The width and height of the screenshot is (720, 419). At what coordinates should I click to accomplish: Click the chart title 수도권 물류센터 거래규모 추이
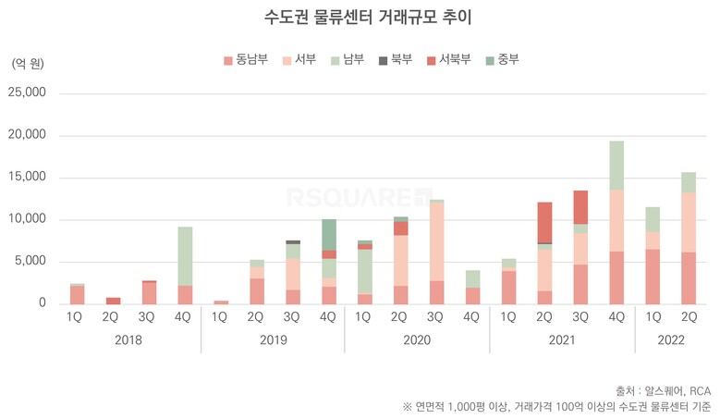tap(360, 18)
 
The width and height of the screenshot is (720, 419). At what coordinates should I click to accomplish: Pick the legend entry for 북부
tap(394, 61)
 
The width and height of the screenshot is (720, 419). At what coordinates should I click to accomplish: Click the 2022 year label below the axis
tap(670, 339)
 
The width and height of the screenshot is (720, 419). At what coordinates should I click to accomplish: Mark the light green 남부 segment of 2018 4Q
tap(185, 255)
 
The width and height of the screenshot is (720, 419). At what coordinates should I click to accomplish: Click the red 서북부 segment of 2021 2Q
tap(545, 222)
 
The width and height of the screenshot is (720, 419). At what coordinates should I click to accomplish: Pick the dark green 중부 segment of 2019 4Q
tap(329, 234)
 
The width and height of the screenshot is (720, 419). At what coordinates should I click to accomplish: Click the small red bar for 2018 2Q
tap(113, 301)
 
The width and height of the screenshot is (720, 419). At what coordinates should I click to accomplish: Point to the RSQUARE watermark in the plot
tap(359, 197)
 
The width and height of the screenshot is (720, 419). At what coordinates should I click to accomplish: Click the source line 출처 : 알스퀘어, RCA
tap(663, 389)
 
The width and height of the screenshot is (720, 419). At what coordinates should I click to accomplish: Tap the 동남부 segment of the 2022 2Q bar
tap(689, 277)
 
